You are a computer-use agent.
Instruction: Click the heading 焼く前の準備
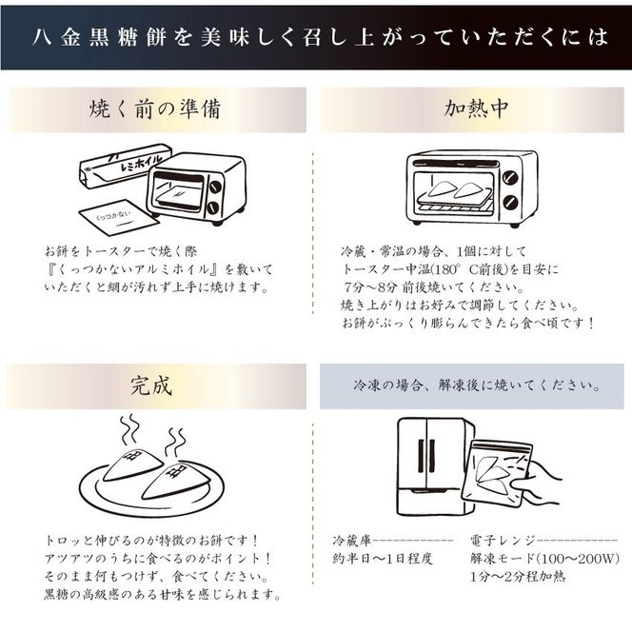point(155,109)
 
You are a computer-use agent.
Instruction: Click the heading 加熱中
point(476,109)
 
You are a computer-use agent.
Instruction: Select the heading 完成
point(151,386)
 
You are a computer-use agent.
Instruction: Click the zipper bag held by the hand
point(497,475)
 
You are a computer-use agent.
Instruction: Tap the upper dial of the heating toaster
point(510,177)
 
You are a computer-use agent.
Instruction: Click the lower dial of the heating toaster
point(510,203)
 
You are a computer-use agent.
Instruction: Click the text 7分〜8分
point(370,287)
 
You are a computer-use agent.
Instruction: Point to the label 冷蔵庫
point(351,541)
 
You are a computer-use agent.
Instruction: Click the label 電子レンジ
point(503,541)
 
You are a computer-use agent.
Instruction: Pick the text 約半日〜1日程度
point(383,559)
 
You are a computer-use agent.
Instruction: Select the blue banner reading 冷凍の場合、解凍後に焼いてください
point(472,386)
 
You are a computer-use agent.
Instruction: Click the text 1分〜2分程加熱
point(518,577)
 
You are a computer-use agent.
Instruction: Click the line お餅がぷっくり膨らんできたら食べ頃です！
point(468,324)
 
